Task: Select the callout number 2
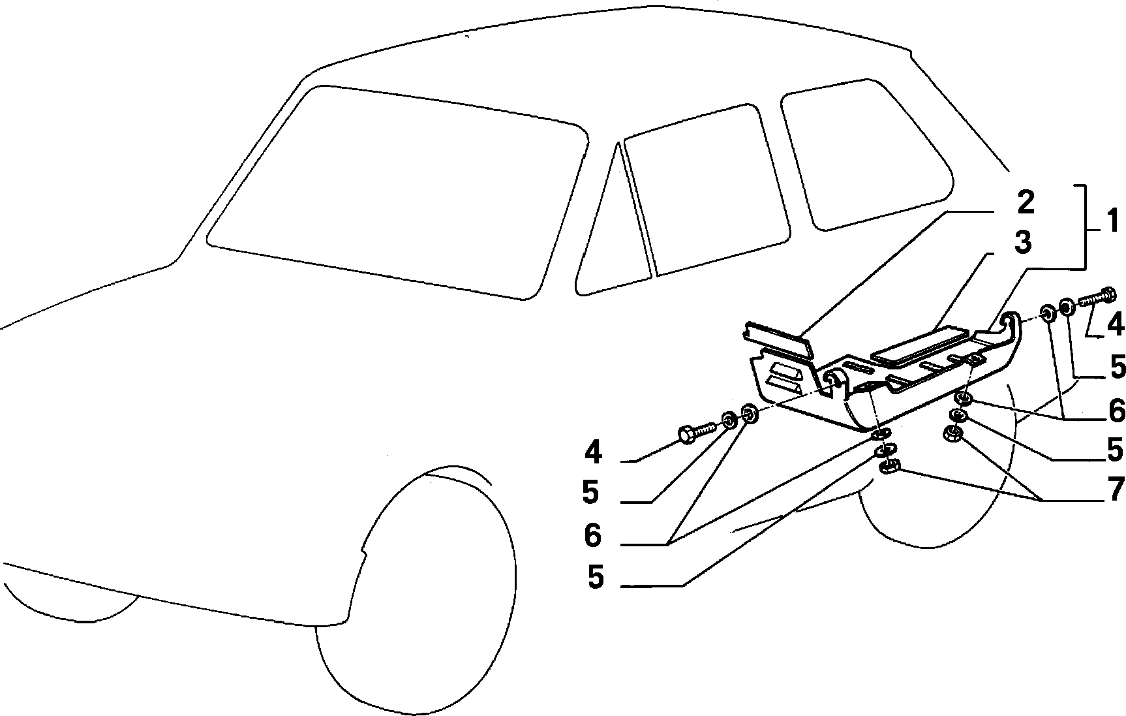click(1025, 202)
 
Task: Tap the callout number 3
click(1023, 243)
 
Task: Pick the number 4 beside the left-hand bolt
click(593, 452)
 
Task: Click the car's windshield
click(398, 193)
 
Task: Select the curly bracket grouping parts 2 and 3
click(1083, 226)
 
